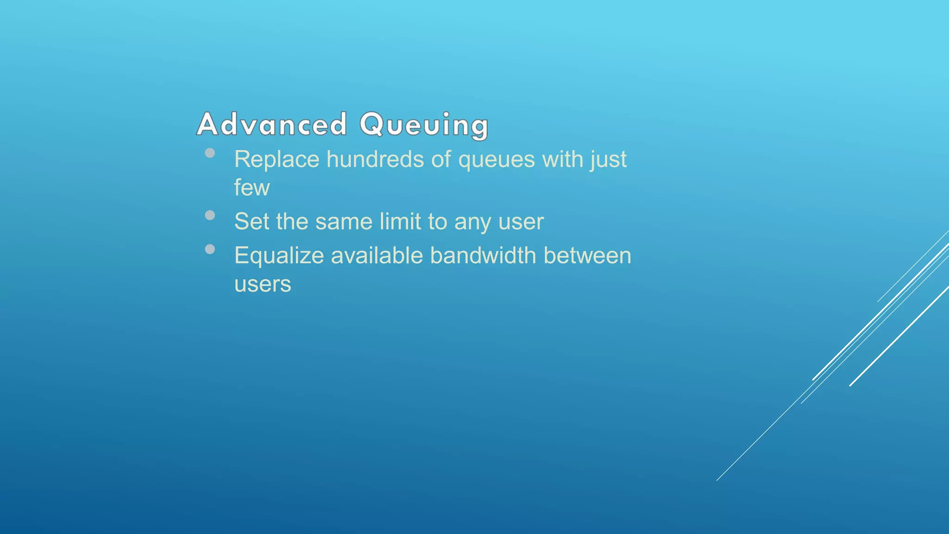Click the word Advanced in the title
pos(272,124)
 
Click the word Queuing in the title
pos(424,124)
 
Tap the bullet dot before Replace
pos(210,153)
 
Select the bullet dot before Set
pos(210,215)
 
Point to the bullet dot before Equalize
pos(210,249)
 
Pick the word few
pos(252,188)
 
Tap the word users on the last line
pos(263,284)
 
